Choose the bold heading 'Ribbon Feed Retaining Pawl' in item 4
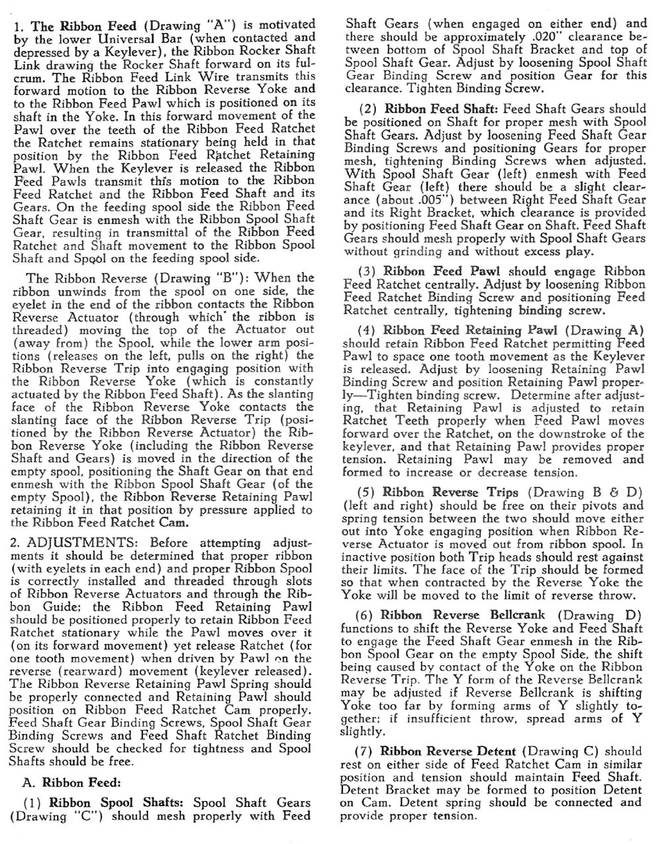coord(470,330)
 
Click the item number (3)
coord(367,272)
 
